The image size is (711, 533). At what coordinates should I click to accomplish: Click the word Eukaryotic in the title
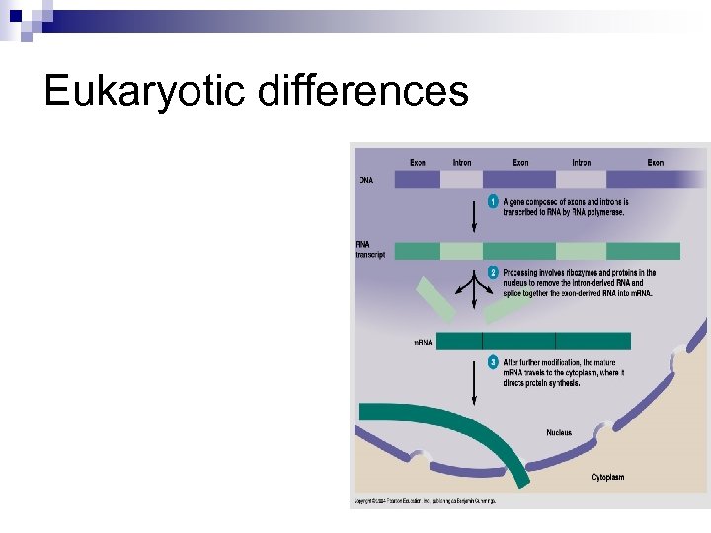(x=145, y=92)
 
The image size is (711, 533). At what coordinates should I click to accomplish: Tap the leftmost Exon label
(x=419, y=162)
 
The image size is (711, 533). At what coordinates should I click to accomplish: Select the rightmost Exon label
(x=655, y=162)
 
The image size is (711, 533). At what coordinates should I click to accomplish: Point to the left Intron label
(x=461, y=162)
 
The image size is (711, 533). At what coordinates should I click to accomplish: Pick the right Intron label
(x=582, y=162)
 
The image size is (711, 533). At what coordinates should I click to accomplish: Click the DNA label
(x=366, y=180)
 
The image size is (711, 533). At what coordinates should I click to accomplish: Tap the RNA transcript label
(x=371, y=250)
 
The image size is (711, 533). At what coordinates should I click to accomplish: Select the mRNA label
(x=423, y=343)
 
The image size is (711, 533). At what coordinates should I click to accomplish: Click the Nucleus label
(x=559, y=432)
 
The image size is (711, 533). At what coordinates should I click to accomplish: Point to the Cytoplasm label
(x=607, y=477)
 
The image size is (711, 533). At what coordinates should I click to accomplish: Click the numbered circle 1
(x=493, y=202)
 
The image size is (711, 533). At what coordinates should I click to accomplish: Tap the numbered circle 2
(x=493, y=273)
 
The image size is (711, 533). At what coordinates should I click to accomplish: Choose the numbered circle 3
(x=493, y=363)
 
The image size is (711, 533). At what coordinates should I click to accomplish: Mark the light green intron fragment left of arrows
(x=434, y=299)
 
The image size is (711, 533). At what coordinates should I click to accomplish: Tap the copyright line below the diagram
(x=426, y=501)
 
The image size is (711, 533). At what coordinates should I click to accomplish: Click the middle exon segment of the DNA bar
(x=518, y=179)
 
